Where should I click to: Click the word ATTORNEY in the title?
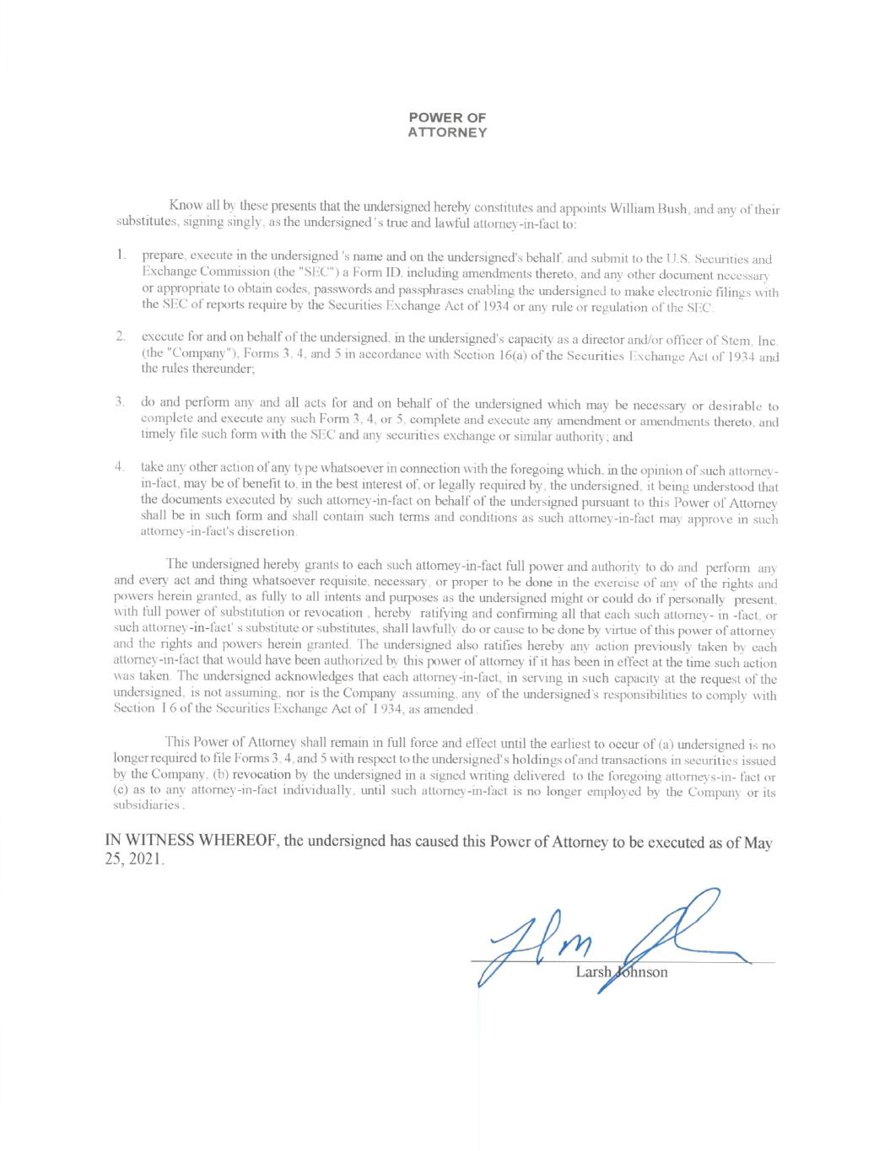tap(447, 133)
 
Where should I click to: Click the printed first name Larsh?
tap(592, 972)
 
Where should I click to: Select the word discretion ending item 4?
tap(267, 533)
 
